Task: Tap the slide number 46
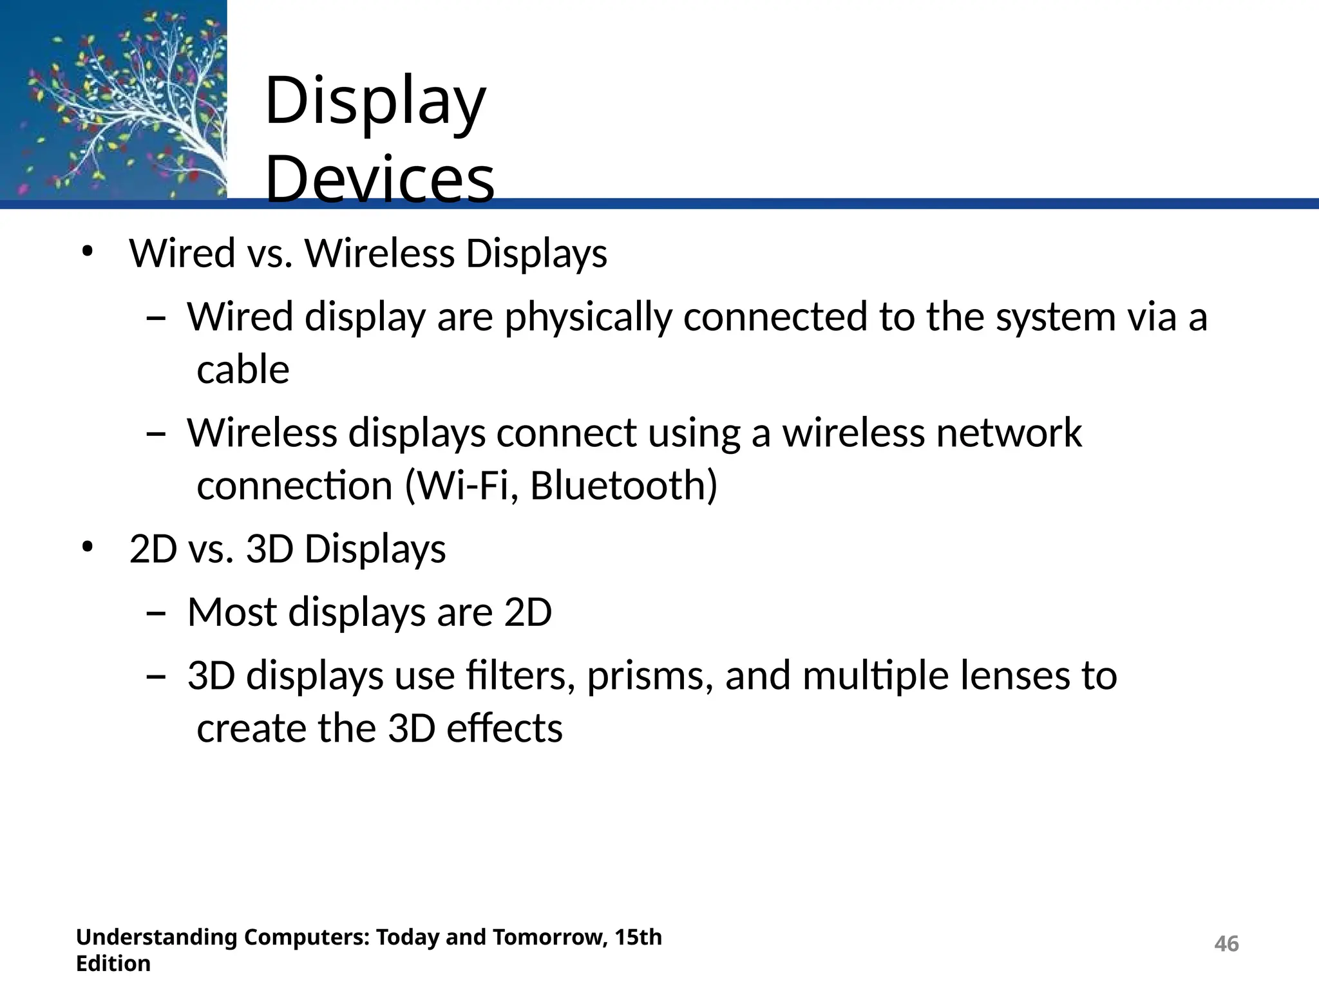coord(1226,944)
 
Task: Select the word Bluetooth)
coord(623,485)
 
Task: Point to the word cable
coord(243,370)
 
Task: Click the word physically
coord(587,318)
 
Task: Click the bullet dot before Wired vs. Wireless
coord(88,252)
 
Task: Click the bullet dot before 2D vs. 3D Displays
coord(88,548)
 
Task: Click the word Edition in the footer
coord(113,964)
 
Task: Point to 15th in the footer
coord(638,937)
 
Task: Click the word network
coord(1009,433)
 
